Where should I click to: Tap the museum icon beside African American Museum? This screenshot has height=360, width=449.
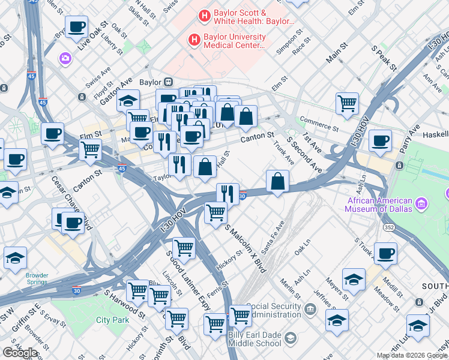coord(421,205)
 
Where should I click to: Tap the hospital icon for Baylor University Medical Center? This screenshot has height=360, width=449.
coord(194,40)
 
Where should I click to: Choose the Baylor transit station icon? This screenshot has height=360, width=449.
coord(169,82)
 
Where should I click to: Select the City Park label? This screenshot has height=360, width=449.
coord(113,320)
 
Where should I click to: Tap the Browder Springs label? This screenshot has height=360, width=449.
coord(37,280)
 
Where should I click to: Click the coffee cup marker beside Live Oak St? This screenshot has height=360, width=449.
coord(76,28)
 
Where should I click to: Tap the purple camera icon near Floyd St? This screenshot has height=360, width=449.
coord(65,58)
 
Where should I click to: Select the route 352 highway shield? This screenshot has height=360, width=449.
coord(389,227)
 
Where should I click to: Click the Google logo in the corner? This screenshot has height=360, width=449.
coord(20,353)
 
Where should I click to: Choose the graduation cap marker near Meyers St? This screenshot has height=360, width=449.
coord(354,280)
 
